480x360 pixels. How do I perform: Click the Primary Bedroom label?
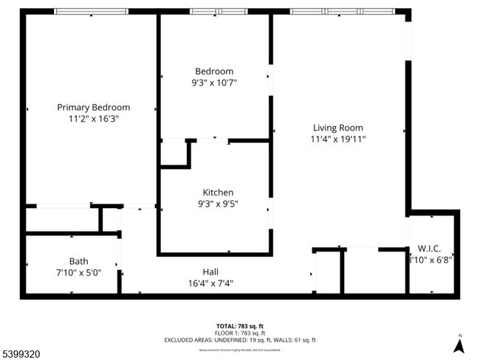pos(93,107)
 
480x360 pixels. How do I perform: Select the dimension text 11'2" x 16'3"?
pos(93,118)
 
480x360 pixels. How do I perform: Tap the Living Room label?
pos(337,128)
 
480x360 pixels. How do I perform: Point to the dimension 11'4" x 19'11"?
pos(338,139)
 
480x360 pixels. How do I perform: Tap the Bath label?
pos(79,261)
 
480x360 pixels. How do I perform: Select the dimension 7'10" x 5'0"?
pos(79,272)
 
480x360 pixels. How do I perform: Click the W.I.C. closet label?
pos(429,248)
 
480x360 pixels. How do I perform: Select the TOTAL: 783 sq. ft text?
pos(240,325)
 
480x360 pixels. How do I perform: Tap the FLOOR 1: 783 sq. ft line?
pos(240,333)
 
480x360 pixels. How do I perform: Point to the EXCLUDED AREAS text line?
pos(240,340)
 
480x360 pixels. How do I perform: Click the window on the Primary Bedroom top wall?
pos(91,11)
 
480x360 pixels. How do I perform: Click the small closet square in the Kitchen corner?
pos(174,153)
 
